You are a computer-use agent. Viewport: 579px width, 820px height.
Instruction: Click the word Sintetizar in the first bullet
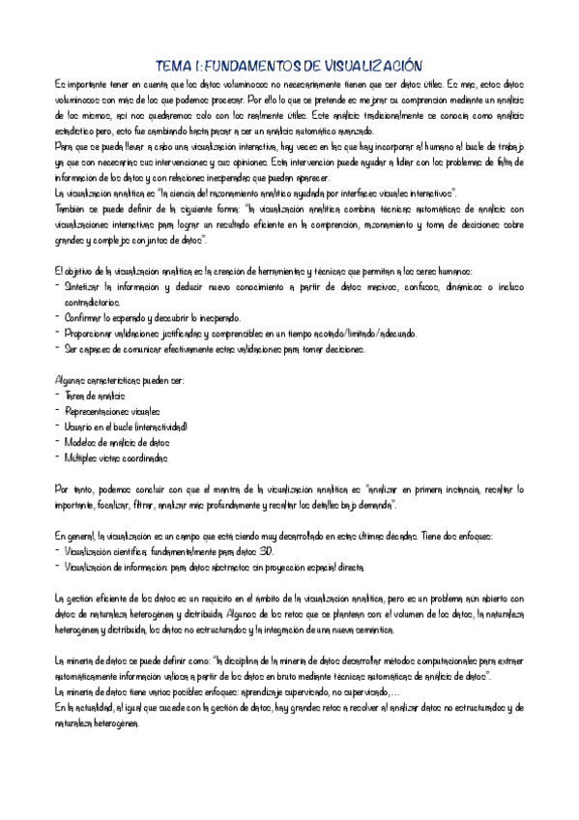pos(87,287)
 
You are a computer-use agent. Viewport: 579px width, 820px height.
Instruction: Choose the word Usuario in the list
pos(84,426)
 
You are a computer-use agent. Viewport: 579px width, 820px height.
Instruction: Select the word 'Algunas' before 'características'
pos(73,380)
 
